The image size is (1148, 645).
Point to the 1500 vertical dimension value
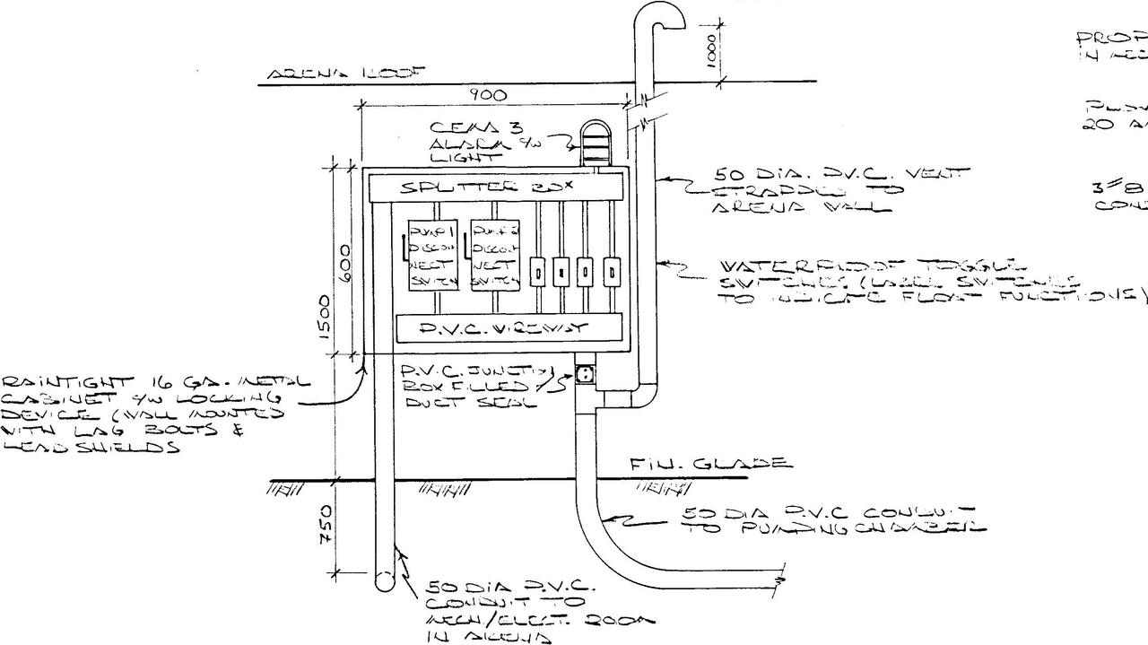click(326, 314)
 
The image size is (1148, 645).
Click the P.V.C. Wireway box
click(509, 328)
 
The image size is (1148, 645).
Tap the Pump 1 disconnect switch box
click(432, 255)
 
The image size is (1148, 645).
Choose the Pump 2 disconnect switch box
click(495, 255)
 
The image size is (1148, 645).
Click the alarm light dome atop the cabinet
click(594, 141)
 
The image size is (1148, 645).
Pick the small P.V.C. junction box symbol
click(586, 374)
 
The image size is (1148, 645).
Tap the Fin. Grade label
click(709, 464)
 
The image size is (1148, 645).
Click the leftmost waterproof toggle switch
click(537, 272)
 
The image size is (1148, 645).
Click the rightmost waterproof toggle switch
click(612, 272)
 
